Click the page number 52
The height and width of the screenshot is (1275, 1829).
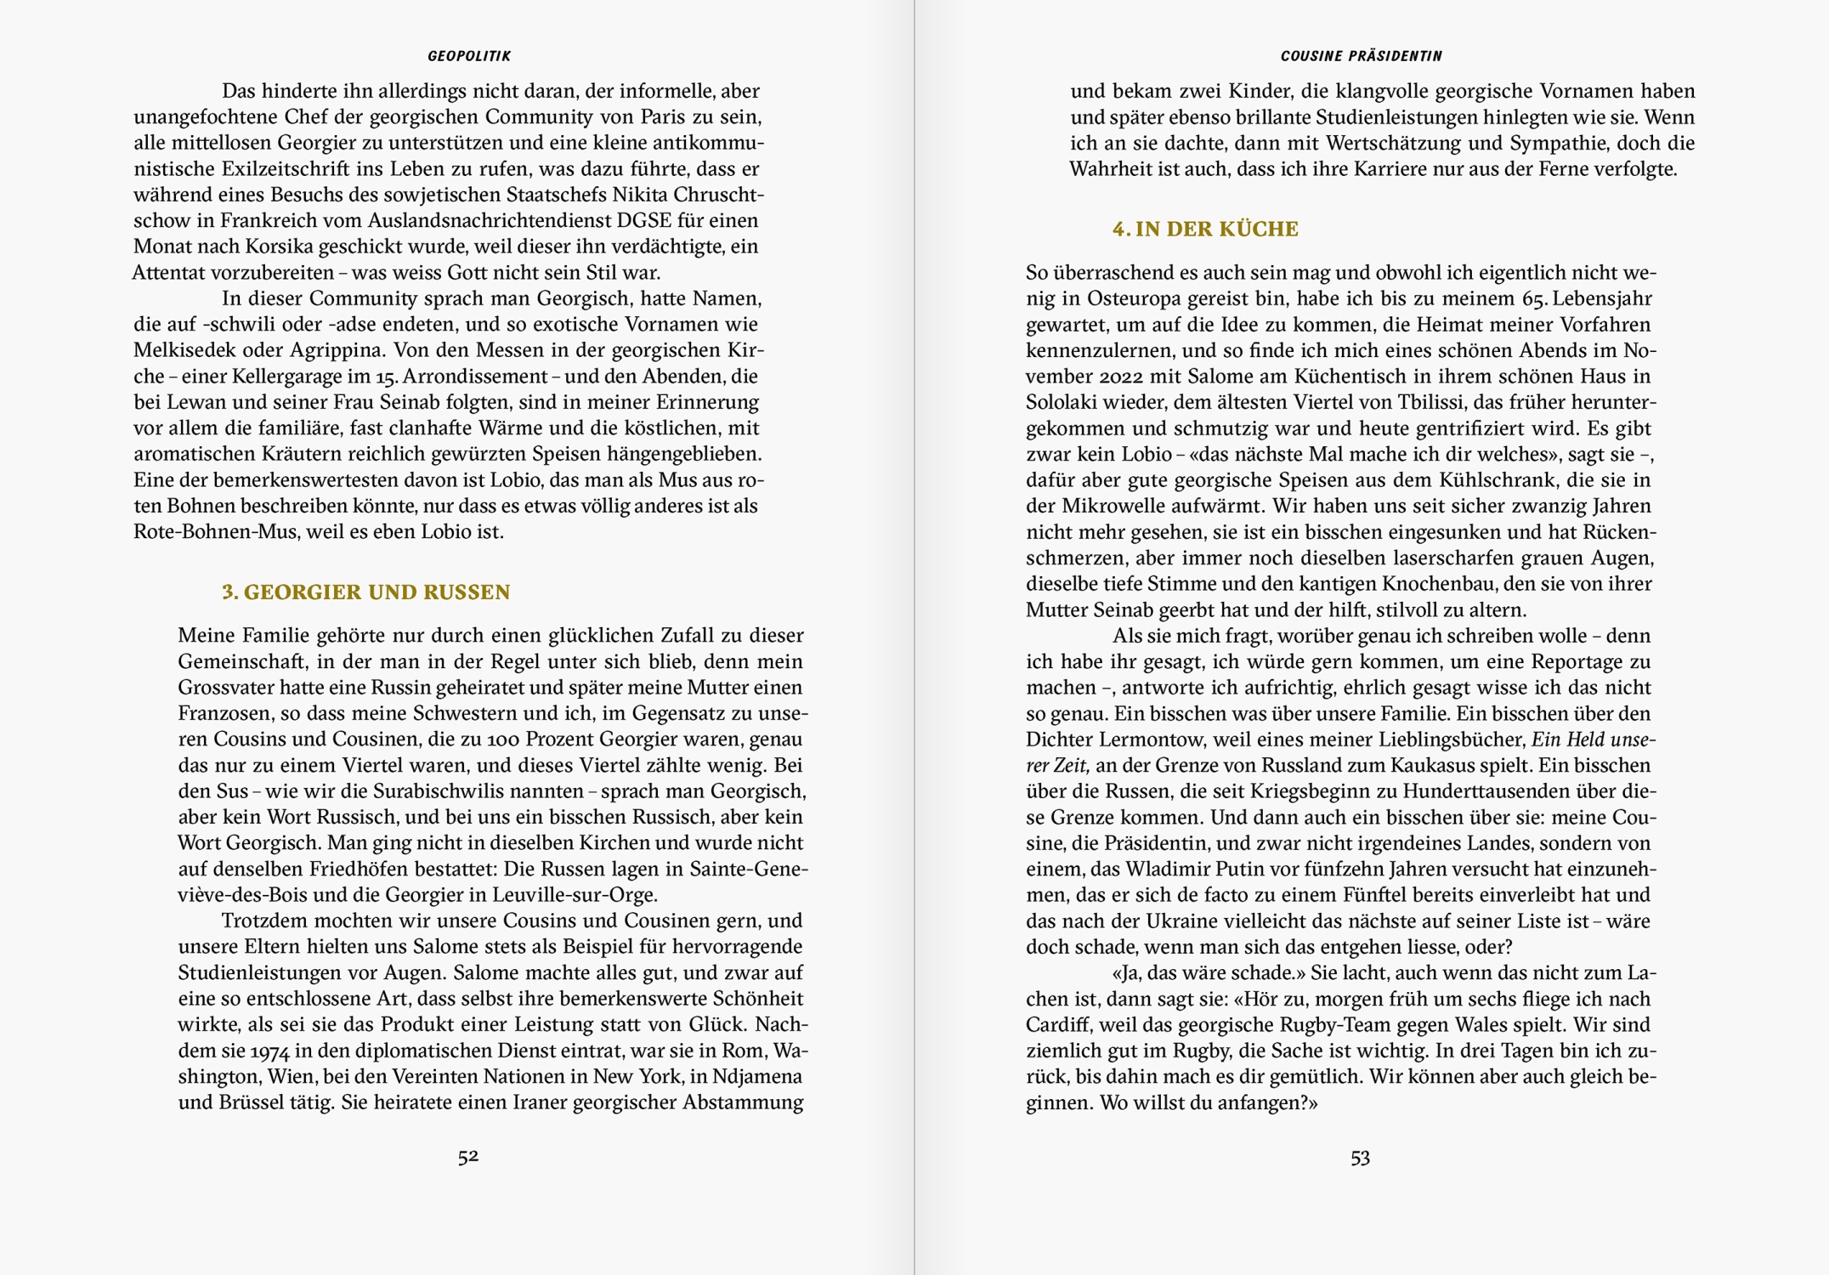tap(468, 1157)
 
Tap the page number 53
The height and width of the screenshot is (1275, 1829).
tap(1360, 1158)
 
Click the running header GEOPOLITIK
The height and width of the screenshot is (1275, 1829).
tap(469, 56)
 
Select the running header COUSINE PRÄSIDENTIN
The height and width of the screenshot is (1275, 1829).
tap(1361, 56)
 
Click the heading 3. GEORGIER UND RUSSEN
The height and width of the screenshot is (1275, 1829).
tap(365, 592)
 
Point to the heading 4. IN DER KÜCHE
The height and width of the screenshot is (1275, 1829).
tap(1205, 229)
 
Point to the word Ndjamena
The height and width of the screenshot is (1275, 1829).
tap(756, 1077)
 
